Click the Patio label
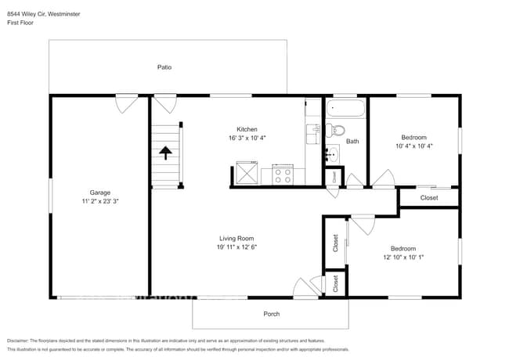pyautogui.click(x=164, y=67)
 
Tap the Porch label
pyautogui.click(x=271, y=314)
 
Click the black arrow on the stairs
pyautogui.click(x=165, y=152)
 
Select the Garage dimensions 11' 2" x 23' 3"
pyautogui.click(x=99, y=201)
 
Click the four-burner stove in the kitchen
pyautogui.click(x=282, y=175)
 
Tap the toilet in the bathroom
pyautogui.click(x=336, y=130)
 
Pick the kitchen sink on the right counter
pyautogui.click(x=312, y=131)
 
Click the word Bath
pyautogui.click(x=352, y=142)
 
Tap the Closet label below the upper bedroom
pyautogui.click(x=429, y=198)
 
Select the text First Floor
pyautogui.click(x=20, y=23)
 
